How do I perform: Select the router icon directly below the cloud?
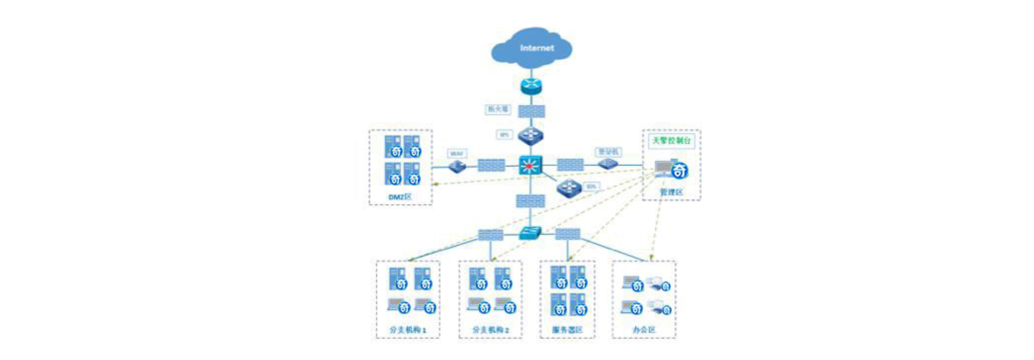point(531,86)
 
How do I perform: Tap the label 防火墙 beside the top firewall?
point(498,109)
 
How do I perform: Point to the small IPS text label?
point(504,135)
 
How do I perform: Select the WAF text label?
point(457,153)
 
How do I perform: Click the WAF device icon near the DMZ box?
point(457,166)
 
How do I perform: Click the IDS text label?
point(591,186)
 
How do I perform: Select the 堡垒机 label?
point(608,152)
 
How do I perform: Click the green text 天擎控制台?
point(671,140)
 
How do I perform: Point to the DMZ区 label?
point(400,197)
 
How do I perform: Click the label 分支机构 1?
point(407,330)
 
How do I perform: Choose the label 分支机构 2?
point(490,330)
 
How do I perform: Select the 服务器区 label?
point(567,330)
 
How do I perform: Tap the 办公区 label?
point(643,330)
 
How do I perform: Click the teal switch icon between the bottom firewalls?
point(530,233)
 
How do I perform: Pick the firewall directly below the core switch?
point(530,201)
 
